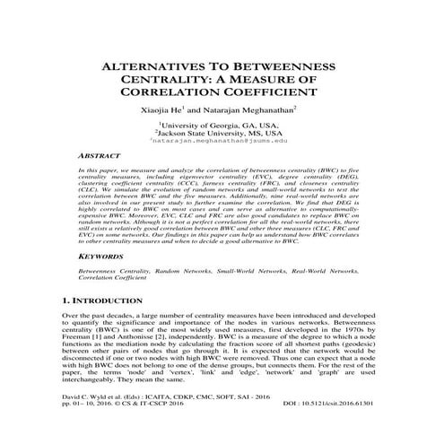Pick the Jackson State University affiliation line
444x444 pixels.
[x=220, y=134]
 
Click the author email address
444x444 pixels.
[x=220, y=142]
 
